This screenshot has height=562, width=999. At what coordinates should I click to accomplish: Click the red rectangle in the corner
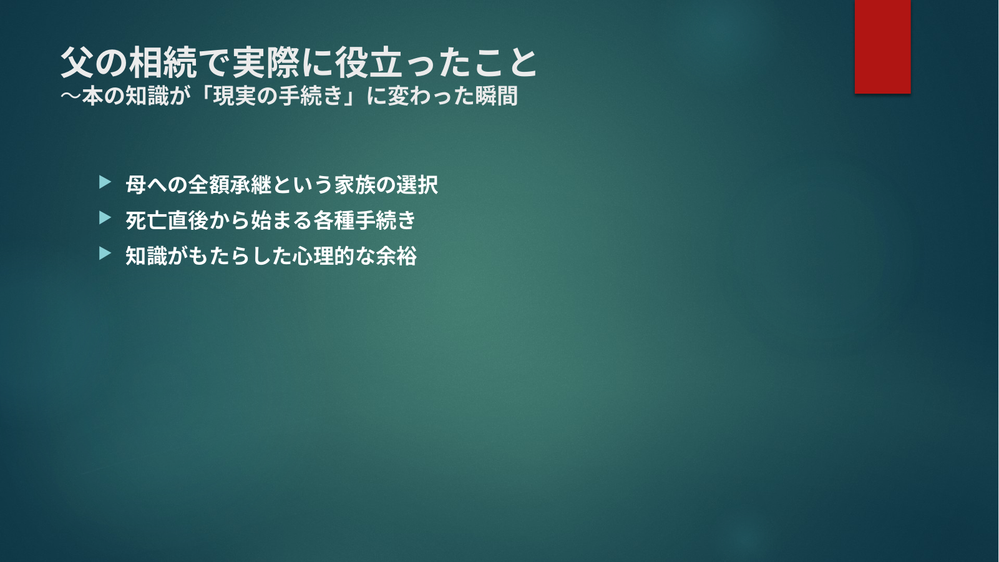point(882,46)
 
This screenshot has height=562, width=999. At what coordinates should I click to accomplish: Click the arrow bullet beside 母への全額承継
point(105,182)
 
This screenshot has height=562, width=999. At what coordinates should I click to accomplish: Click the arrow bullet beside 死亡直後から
point(105,217)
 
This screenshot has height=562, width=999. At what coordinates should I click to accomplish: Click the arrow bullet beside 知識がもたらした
point(105,253)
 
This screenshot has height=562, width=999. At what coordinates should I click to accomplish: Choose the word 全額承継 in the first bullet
point(230,184)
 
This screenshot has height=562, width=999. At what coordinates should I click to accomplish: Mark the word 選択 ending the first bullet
point(417,184)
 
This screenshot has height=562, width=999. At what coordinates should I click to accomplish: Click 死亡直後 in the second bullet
point(167,220)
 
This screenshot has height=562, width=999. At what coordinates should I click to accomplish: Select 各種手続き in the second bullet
point(364,220)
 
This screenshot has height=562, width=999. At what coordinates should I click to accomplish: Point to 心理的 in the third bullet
point(324,256)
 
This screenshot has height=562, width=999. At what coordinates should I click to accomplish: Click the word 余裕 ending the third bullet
point(396,256)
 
